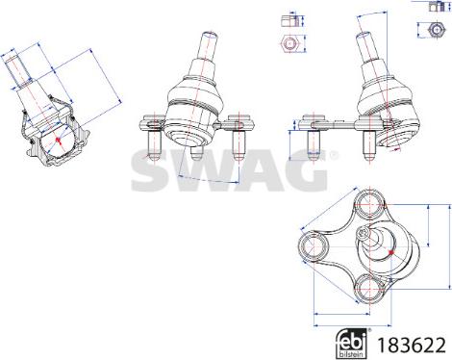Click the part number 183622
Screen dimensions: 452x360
pos(413,345)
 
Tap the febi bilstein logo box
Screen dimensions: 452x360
pos(351,344)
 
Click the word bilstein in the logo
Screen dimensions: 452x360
pos(351,354)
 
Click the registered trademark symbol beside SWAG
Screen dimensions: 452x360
pos(334,155)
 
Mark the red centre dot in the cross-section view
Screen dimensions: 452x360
pos(58,140)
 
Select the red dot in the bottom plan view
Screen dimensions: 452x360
pos(390,252)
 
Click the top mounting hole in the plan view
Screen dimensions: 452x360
pos(369,202)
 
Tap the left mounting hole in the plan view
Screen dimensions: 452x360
pos(313,246)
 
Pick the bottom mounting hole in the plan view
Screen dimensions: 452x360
pos(369,288)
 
